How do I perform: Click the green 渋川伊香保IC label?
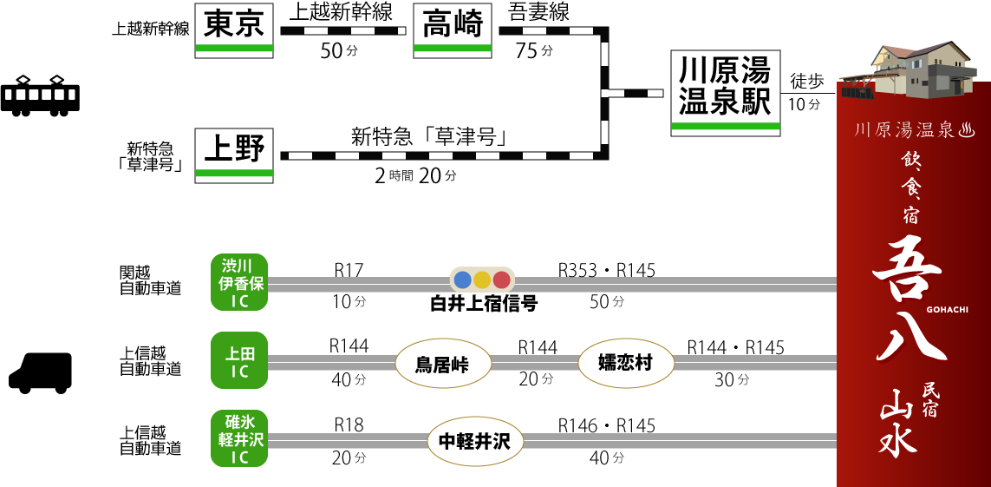(239, 282)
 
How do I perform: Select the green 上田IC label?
(239, 361)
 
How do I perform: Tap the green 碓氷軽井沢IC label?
(239, 438)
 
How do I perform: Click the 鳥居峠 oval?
(443, 364)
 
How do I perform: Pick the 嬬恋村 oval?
(626, 363)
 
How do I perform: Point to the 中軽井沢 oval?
(475, 441)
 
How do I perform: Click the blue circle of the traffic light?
(463, 280)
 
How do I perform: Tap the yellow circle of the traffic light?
(482, 280)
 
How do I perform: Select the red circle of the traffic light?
(501, 280)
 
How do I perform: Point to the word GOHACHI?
(947, 309)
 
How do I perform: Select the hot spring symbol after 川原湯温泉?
(967, 130)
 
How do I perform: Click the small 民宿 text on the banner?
(930, 399)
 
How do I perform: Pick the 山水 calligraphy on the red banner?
(898, 422)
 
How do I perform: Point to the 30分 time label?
(732, 379)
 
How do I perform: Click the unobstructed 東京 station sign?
(234, 30)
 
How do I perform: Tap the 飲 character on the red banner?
(910, 160)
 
